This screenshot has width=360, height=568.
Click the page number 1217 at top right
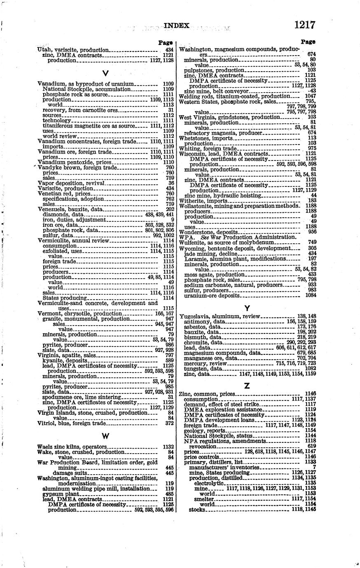click(305, 25)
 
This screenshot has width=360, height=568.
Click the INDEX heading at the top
click(176, 26)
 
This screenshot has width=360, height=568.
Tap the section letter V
click(105, 73)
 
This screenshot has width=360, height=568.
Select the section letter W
click(105, 436)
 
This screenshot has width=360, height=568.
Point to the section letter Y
click(247, 307)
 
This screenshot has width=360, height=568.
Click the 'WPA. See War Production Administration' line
click(238, 237)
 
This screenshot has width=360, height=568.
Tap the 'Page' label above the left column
click(165, 42)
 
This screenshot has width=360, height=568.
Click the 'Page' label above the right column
click(308, 42)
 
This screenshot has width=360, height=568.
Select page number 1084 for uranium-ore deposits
click(310, 296)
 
